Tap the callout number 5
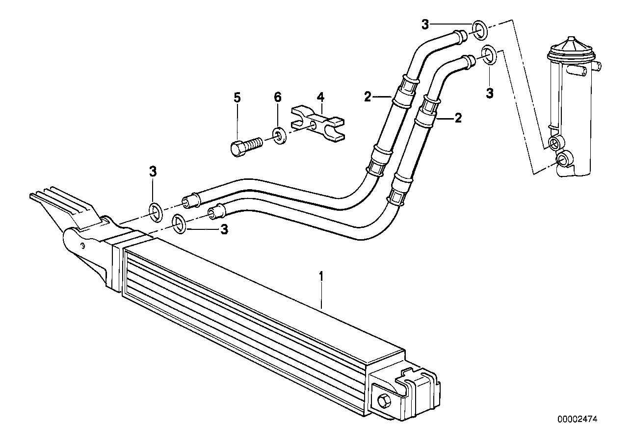click(x=237, y=98)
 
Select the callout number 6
click(x=277, y=98)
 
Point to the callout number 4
click(x=320, y=97)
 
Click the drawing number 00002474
click(x=578, y=420)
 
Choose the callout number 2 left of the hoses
click(x=368, y=97)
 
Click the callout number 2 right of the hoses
click(x=458, y=118)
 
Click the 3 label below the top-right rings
click(x=489, y=92)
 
